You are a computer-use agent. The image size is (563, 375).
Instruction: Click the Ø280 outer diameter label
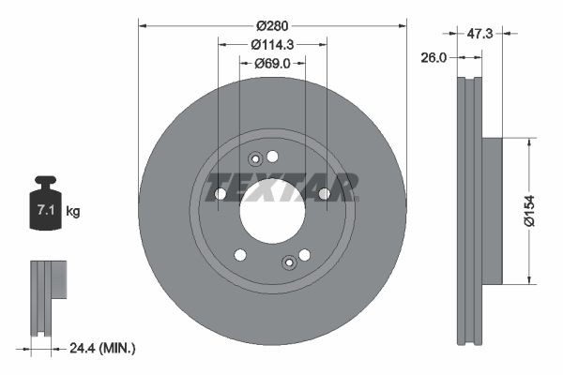tap(273, 23)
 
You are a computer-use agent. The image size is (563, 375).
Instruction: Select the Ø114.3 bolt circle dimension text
tap(273, 43)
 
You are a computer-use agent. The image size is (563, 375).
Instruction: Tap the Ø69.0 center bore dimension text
tap(273, 64)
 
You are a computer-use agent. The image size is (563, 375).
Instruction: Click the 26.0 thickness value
tap(434, 57)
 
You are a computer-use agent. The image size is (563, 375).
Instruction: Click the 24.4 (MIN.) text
tap(102, 348)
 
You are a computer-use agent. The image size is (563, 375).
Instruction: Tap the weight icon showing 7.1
tap(44, 207)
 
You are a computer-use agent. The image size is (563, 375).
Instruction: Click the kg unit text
tap(73, 212)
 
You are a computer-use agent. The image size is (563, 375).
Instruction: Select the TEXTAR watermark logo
tap(281, 187)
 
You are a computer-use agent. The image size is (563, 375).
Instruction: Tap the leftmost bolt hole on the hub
tap(220, 194)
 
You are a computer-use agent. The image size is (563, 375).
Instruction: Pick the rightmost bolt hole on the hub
tap(325, 194)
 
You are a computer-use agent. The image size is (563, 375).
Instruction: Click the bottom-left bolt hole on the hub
tap(240, 255)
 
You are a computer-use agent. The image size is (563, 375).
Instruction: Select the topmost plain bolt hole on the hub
tap(273, 157)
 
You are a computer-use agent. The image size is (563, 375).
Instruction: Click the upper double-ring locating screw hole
tap(255, 159)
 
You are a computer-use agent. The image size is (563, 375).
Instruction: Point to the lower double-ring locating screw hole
tap(289, 262)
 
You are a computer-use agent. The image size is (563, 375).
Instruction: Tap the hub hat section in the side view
tap(493, 211)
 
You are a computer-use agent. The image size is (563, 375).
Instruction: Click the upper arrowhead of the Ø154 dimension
tap(531, 142)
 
